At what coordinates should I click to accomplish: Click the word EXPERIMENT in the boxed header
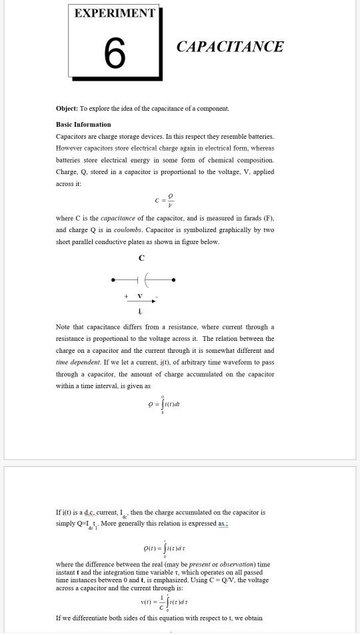click(115, 13)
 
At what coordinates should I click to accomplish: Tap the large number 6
click(115, 53)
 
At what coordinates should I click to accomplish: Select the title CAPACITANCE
click(230, 47)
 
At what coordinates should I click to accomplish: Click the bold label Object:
click(67, 109)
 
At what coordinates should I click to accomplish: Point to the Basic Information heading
click(83, 125)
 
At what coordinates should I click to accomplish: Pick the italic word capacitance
click(117, 218)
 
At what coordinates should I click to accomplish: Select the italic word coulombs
click(127, 230)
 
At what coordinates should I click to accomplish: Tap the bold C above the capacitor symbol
click(141, 258)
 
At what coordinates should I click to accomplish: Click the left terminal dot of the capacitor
click(113, 280)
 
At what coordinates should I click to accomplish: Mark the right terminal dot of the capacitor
click(173, 280)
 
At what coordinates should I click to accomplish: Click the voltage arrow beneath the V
click(140, 301)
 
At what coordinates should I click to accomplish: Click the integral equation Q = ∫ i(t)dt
click(164, 404)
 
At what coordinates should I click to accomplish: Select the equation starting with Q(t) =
click(164, 548)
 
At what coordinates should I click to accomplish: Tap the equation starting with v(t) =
click(163, 602)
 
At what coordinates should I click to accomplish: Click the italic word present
click(199, 564)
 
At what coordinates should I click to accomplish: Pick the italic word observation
click(236, 564)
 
